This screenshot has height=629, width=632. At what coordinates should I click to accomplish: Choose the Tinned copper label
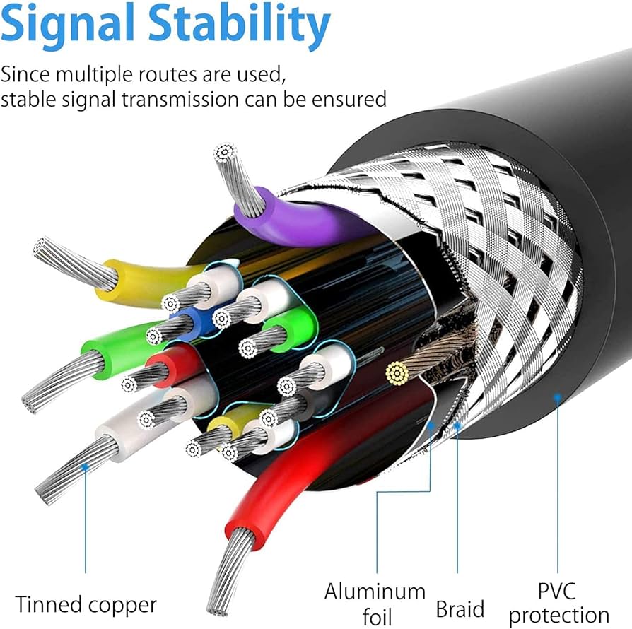click(x=86, y=605)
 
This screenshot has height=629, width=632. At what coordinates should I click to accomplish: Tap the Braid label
click(x=460, y=609)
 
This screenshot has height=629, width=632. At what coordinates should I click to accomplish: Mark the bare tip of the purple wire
click(x=226, y=152)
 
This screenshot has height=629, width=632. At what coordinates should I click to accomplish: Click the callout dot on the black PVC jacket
click(x=557, y=398)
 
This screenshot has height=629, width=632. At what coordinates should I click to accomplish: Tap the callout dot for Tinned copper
click(x=86, y=466)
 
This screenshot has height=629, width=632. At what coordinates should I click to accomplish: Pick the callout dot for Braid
click(x=457, y=425)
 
